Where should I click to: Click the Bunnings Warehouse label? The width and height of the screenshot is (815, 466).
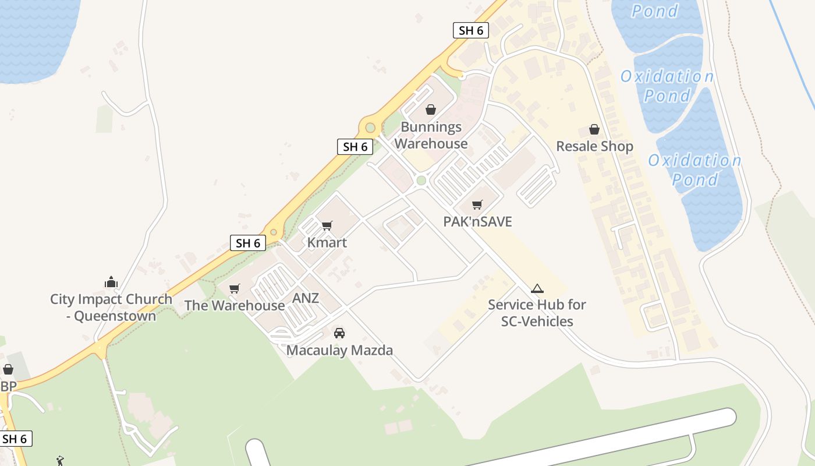(431, 135)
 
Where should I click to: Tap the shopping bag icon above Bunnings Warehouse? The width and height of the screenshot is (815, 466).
(431, 110)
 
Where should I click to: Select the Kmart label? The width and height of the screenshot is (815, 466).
(327, 242)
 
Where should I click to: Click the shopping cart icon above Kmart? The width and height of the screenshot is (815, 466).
(327, 225)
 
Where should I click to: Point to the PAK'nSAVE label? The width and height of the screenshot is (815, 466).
(477, 221)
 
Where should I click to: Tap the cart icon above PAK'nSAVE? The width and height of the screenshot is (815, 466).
(477, 204)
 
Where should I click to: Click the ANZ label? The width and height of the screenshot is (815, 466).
(306, 298)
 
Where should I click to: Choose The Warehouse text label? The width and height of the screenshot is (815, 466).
(235, 305)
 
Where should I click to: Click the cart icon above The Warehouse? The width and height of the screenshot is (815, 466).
(235, 288)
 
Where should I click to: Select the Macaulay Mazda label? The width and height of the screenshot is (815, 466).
(339, 350)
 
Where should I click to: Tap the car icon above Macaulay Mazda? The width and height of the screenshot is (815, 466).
(339, 333)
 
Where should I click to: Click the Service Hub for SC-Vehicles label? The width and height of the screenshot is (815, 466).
(537, 313)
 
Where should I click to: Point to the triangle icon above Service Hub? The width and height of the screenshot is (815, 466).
(537, 288)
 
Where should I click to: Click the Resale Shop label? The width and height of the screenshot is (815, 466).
(594, 146)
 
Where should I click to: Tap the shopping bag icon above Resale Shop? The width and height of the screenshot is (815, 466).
(594, 129)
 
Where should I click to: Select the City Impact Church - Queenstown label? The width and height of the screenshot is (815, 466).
(111, 308)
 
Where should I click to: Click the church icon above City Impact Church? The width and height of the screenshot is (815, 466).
(111, 283)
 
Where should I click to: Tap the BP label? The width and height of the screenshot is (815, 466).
(8, 387)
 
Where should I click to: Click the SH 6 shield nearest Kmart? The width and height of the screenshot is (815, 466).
(249, 243)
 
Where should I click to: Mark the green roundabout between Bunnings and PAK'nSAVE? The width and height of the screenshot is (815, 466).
(421, 181)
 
